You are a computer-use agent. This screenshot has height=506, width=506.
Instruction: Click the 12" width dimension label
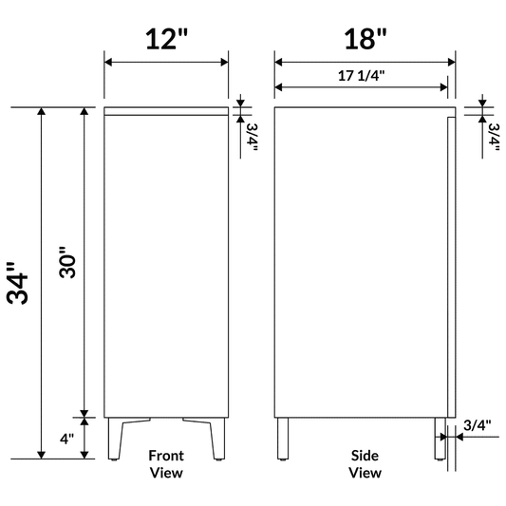coord(166,39)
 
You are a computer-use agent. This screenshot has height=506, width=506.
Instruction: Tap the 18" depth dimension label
coord(365,39)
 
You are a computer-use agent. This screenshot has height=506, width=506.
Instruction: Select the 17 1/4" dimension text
coord(362,74)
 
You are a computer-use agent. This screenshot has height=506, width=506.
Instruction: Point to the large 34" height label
coord(19,282)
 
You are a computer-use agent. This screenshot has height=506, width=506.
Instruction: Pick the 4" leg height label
coord(66,439)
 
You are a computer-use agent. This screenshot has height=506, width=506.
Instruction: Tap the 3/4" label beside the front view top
coord(252,137)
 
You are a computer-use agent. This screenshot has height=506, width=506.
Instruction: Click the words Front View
coord(166,463)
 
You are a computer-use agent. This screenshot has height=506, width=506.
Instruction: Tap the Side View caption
coord(365,463)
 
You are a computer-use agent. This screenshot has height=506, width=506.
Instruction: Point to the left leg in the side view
coord(283,439)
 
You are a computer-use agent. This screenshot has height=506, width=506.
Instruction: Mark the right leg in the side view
coord(440,439)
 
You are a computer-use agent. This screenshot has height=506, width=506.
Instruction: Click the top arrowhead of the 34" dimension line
coord(41,113)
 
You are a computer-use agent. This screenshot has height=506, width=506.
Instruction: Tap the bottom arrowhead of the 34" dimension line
coord(41,453)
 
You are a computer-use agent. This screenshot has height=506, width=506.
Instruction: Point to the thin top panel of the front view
coord(166,110)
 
